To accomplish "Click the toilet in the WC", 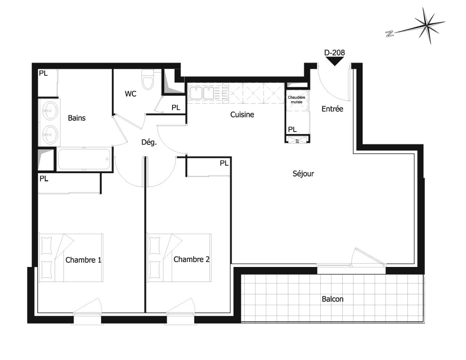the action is pyautogui.click(x=148, y=80).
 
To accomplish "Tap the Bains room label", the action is pyautogui.click(x=77, y=118).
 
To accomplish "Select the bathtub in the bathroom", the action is pyautogui.click(x=84, y=159).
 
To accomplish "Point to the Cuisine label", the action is pyautogui.click(x=242, y=115).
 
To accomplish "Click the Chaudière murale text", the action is pyautogui.click(x=297, y=100).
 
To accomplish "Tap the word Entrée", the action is pyautogui.click(x=332, y=109).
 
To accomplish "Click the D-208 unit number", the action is pyautogui.click(x=335, y=53).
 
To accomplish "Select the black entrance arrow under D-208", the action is pyautogui.click(x=335, y=61).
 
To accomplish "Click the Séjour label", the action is pyautogui.click(x=303, y=174).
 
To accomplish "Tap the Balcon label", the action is pyautogui.click(x=332, y=299).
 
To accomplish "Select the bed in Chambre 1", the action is pyautogui.click(x=71, y=257).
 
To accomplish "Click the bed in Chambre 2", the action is pyautogui.click(x=180, y=257).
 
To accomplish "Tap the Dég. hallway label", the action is pyautogui.click(x=149, y=142).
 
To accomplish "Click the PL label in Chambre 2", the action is pyautogui.click(x=224, y=163).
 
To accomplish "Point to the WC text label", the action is pyautogui.click(x=131, y=94).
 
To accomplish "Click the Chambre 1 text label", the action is pyautogui.click(x=83, y=260).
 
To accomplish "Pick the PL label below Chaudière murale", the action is pyautogui.click(x=292, y=129).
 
